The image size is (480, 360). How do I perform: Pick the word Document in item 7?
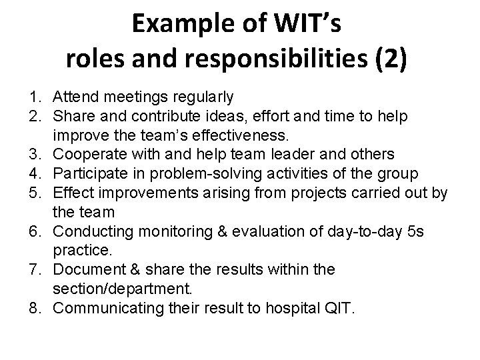[84, 270]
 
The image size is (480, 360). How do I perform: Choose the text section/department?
[123, 289]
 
